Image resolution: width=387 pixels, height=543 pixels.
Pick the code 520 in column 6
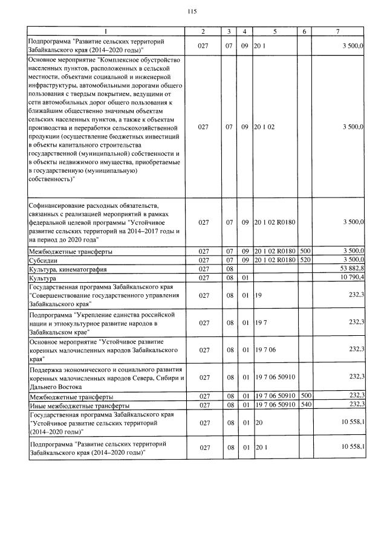tap(305, 260)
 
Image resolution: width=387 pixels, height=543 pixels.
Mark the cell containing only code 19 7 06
tap(265, 350)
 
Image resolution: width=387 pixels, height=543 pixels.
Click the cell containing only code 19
tap(258, 297)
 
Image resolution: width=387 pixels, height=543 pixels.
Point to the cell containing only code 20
tap(258, 425)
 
